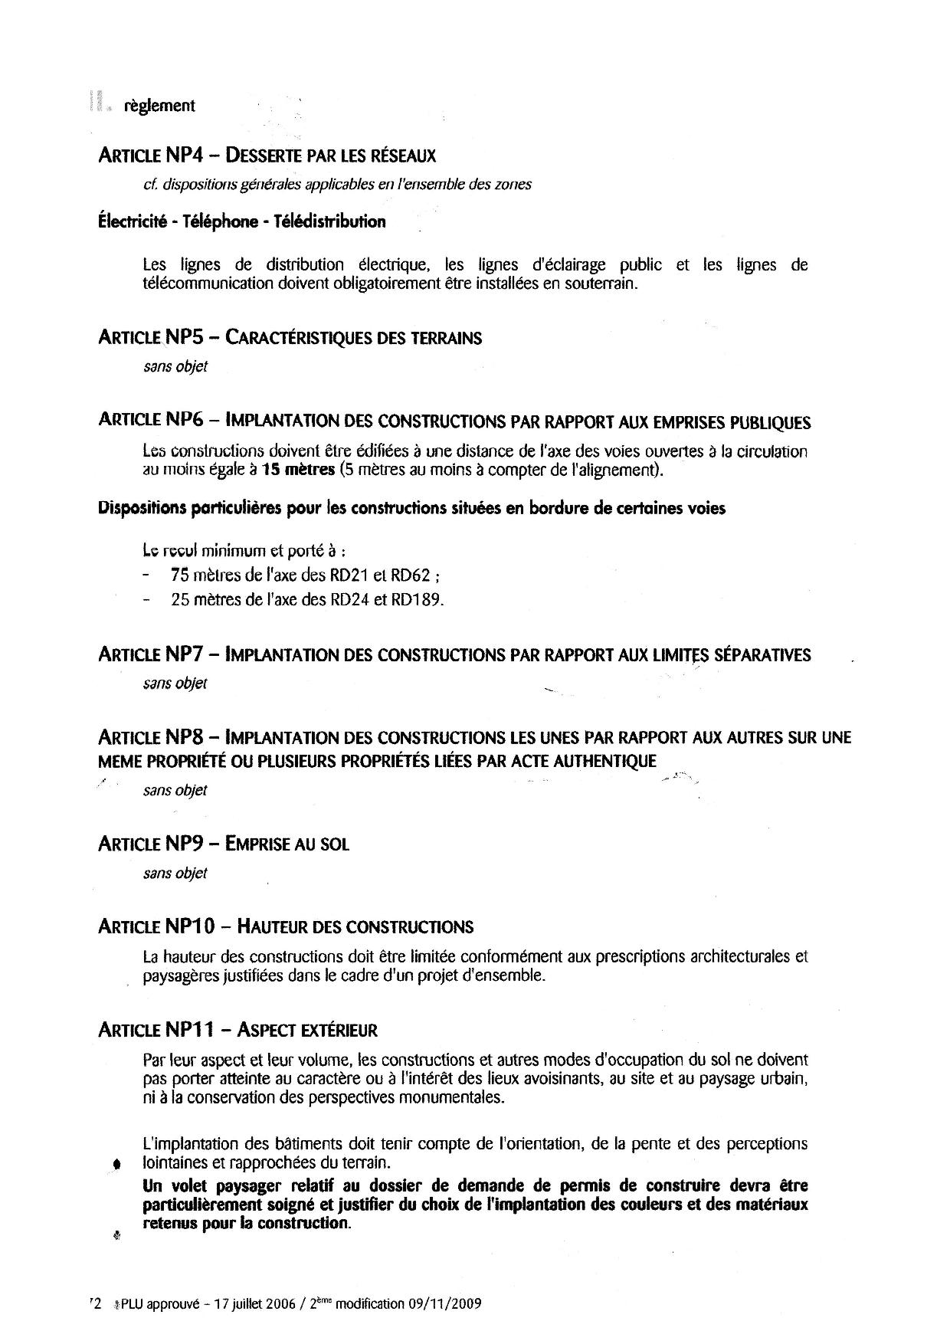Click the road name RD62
pyautogui.click(x=414, y=575)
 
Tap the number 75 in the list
pyautogui.click(x=180, y=575)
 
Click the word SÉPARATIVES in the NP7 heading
pyautogui.click(x=762, y=655)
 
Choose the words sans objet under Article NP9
pyautogui.click(x=175, y=874)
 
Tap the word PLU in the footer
pyautogui.click(x=131, y=1303)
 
